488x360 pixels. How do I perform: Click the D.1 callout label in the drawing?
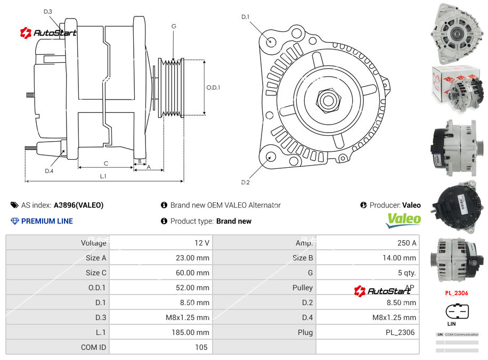[245, 17]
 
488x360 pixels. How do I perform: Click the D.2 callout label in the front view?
[245, 182]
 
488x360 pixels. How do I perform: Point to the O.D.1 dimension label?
[213, 87]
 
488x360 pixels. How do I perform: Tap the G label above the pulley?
[174, 26]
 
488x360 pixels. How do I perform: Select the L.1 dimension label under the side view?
[103, 176]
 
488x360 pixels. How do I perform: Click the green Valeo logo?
[403, 219]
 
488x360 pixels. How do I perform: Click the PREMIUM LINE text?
[47, 221]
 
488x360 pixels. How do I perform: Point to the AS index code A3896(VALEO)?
[78, 205]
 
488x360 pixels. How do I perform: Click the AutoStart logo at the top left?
[49, 33]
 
